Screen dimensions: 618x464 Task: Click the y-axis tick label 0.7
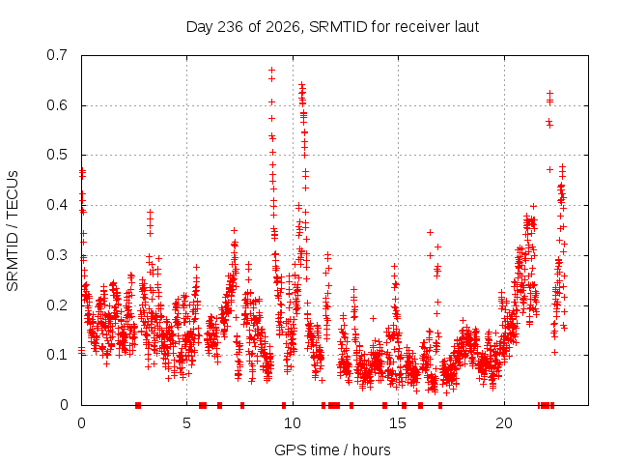point(57,55)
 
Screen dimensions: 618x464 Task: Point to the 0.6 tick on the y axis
point(57,105)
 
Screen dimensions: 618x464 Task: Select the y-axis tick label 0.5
point(57,155)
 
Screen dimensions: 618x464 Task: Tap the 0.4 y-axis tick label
point(57,205)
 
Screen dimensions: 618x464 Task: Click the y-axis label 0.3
point(57,255)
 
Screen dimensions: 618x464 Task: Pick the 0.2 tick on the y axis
point(57,305)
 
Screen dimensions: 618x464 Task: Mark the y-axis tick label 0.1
point(57,355)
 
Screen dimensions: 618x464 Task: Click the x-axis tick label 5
point(186,423)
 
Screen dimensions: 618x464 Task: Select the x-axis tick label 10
point(293,423)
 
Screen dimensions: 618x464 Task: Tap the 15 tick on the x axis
point(398,423)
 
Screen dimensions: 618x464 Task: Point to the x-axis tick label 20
point(504,423)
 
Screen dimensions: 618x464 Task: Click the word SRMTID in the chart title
point(338,27)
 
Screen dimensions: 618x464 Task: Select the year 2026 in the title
point(283,27)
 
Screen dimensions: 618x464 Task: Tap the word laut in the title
point(466,27)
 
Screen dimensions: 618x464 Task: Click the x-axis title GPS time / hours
point(332,449)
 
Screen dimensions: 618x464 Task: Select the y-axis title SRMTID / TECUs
point(13,231)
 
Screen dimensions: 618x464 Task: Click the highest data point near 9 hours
point(271,71)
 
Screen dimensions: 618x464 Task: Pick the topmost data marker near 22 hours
point(549,93)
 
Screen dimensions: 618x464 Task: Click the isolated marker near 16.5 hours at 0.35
point(430,232)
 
